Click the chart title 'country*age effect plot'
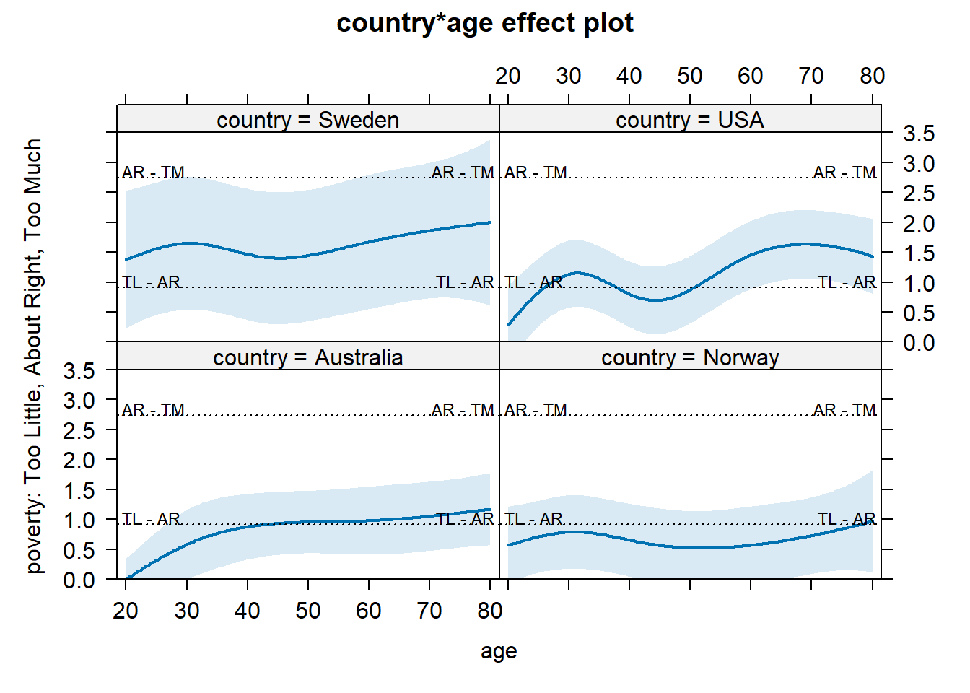(484, 23)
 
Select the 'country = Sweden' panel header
(307, 120)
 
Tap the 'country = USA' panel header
(689, 120)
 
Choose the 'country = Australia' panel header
(307, 357)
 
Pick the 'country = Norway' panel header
(689, 357)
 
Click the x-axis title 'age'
(499, 651)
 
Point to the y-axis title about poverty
(33, 356)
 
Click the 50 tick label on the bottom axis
(308, 611)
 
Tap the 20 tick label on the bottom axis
(126, 611)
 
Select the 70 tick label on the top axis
(811, 76)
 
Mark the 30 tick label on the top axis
(569, 76)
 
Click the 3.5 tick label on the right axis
(918, 134)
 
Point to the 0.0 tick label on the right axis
(918, 343)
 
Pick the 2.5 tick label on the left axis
(79, 430)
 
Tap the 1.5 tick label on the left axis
(79, 490)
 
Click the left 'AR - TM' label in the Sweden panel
(154, 173)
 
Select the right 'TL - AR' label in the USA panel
(846, 282)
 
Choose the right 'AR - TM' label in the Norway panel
(844, 410)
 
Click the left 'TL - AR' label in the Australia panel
(151, 519)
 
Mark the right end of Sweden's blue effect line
(490, 222)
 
